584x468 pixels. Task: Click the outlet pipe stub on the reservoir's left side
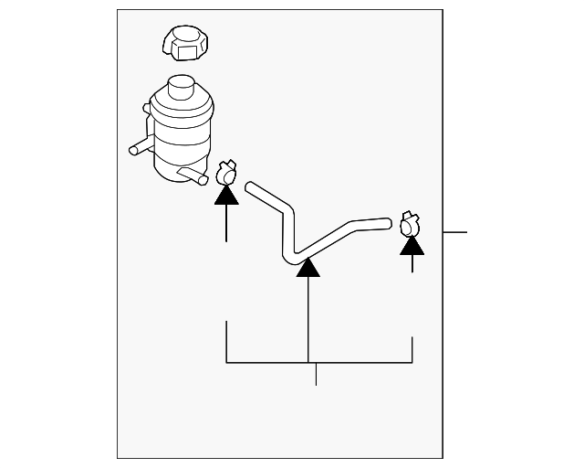(x=140, y=146)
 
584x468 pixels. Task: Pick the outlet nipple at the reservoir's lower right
(x=193, y=175)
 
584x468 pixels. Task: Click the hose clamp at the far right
(x=411, y=222)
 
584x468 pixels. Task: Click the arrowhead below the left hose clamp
(x=226, y=194)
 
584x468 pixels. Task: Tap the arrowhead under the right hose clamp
(x=412, y=243)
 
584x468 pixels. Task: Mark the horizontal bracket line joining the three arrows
(x=319, y=364)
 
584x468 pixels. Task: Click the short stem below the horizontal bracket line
(x=316, y=374)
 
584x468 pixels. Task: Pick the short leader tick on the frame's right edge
(x=454, y=232)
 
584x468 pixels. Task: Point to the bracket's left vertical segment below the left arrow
(x=226, y=342)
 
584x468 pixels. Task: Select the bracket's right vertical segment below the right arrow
(x=413, y=350)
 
